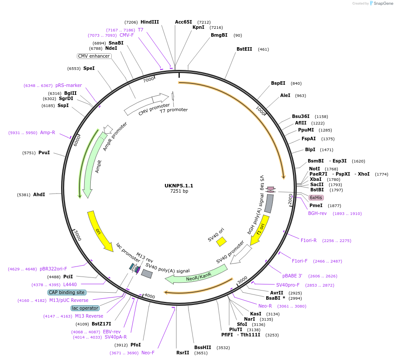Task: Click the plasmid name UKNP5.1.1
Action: coord(179,186)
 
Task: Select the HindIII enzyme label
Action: coord(150,22)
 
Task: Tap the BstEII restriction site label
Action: coord(244,49)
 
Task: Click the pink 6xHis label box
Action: coord(316,197)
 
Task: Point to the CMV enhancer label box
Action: coord(94,56)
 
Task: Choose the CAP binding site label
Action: coord(67,292)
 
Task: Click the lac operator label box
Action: coord(85,308)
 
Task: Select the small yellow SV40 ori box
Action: coord(222,241)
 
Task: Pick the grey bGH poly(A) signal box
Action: coord(269,204)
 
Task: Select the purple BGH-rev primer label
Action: coord(317,213)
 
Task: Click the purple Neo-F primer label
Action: coord(148,353)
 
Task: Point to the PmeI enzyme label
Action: coord(316,205)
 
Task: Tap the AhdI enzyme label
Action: coord(39,194)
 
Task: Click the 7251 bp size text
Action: coord(179,191)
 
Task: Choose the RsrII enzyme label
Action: coord(183,353)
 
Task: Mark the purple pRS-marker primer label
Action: coord(69,85)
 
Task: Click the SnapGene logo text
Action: coord(382,3)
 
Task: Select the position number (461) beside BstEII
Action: coord(264,49)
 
